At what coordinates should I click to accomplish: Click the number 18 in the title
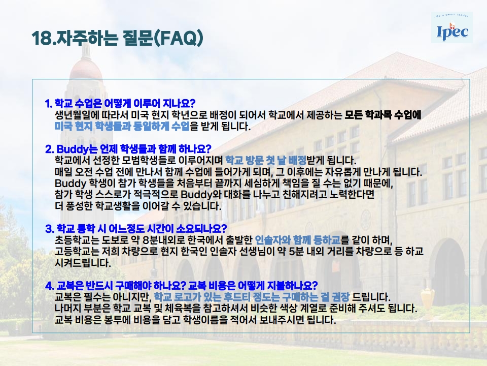click(x=41, y=38)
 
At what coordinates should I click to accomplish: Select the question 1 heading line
click(x=120, y=103)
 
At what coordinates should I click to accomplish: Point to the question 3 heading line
click(x=136, y=229)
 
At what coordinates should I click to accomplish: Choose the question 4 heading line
click(x=182, y=285)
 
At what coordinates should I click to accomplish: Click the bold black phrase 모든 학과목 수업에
click(x=383, y=115)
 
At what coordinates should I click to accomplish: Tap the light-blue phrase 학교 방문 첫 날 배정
click(x=265, y=160)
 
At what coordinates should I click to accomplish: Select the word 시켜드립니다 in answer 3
click(x=83, y=263)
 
